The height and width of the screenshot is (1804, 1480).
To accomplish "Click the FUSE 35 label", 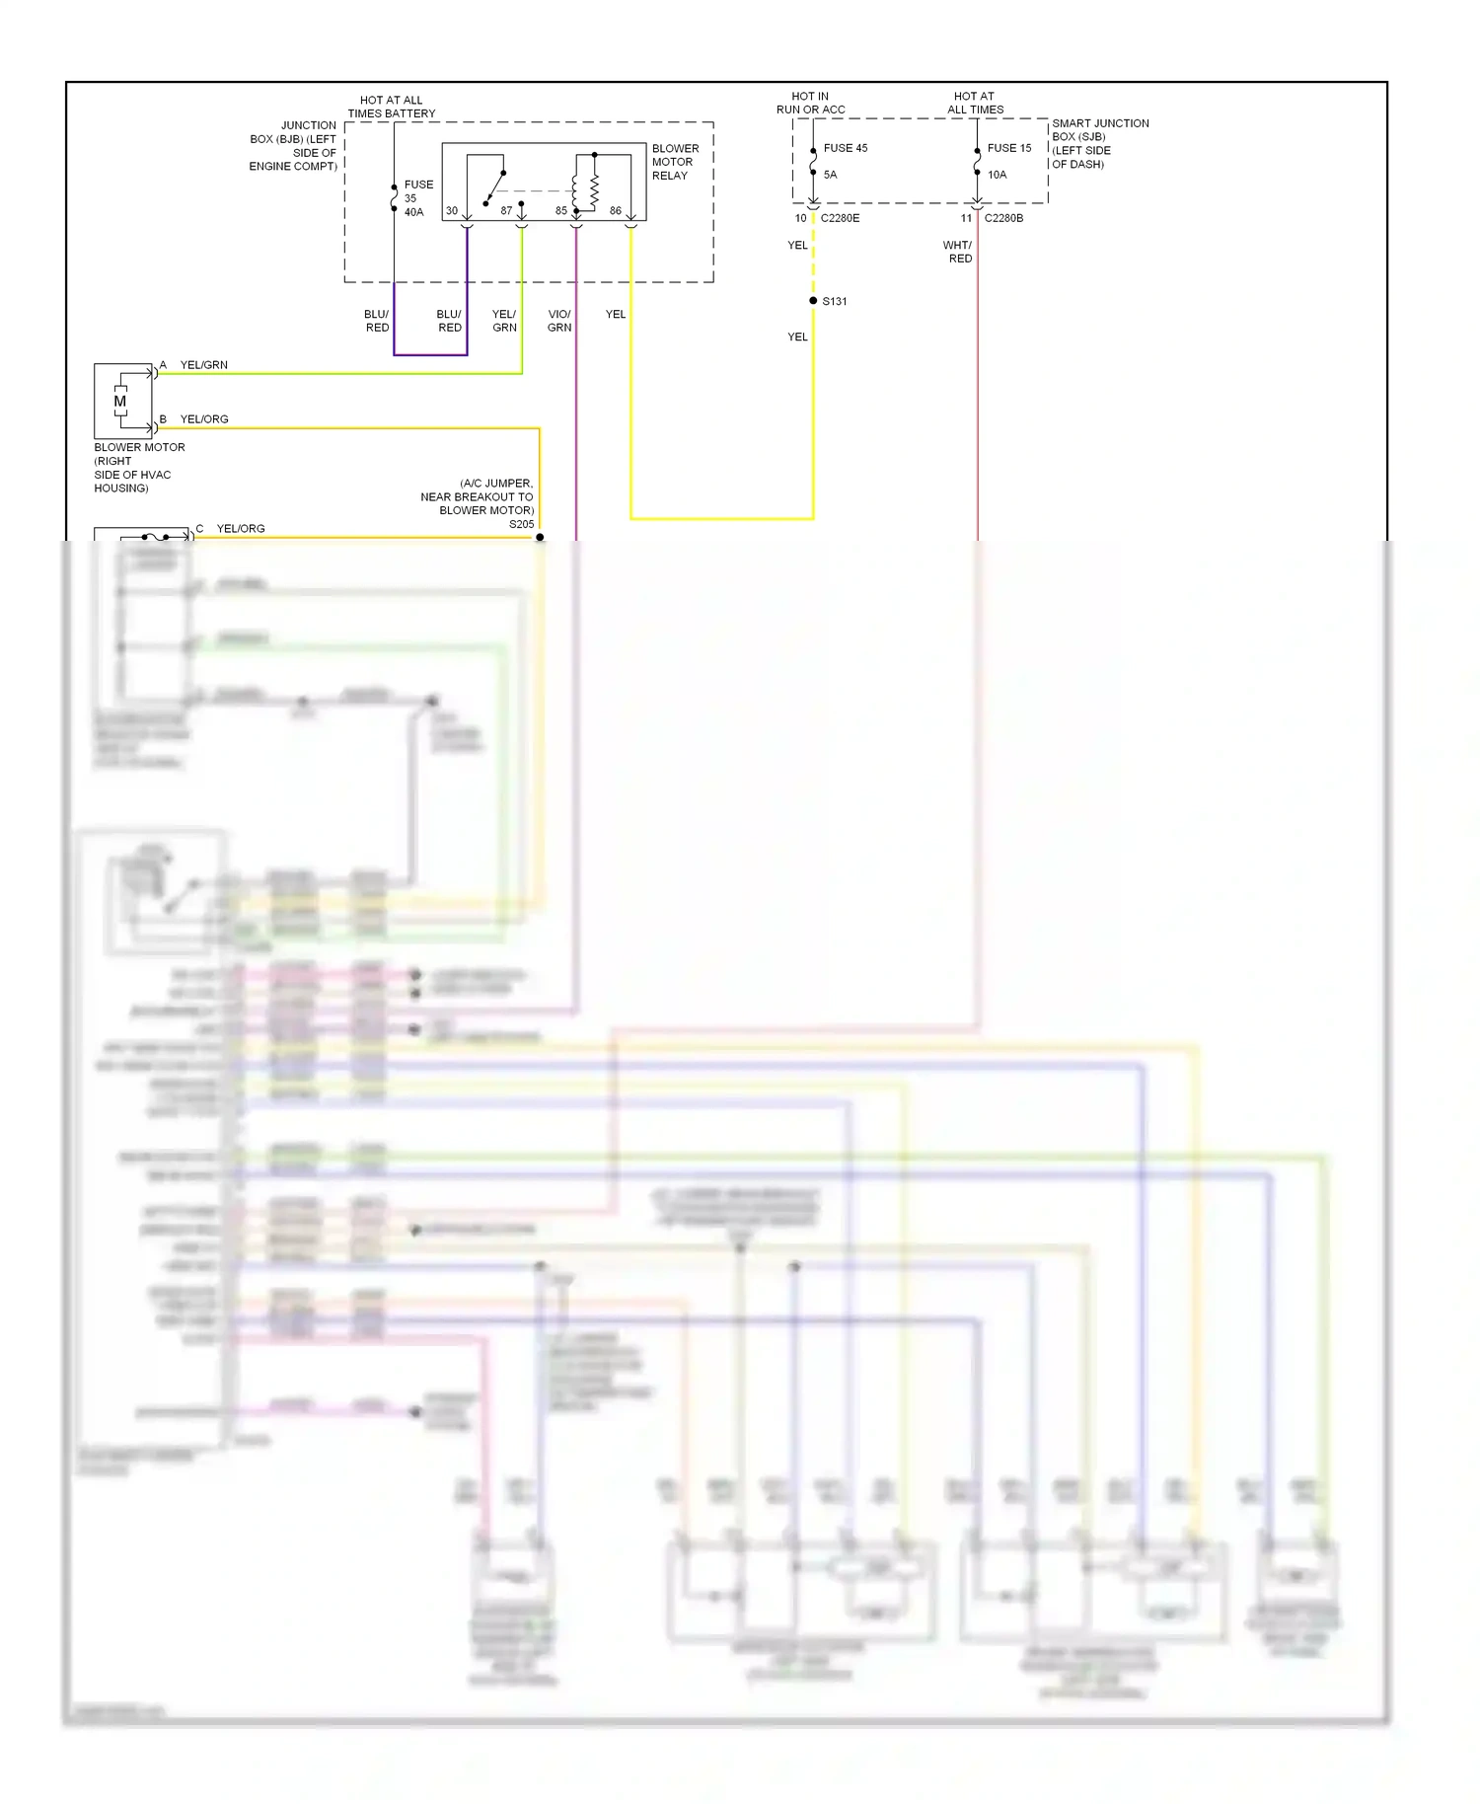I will [417, 190].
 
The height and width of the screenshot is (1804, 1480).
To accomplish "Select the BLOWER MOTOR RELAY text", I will [675, 162].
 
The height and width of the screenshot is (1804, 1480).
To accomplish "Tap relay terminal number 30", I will [452, 211].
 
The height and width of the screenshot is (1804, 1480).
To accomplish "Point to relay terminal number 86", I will [616, 211].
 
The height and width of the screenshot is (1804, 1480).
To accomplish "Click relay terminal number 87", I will [506, 211].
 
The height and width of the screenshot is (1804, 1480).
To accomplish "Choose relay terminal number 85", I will [561, 211].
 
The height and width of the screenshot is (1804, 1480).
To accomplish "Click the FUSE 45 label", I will [846, 148].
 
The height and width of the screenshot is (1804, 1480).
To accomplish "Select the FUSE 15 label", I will [1009, 148].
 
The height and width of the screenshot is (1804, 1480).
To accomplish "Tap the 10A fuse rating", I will [998, 175].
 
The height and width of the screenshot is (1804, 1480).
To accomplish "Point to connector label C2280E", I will [841, 218].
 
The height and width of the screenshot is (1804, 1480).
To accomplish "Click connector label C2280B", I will [1003, 218].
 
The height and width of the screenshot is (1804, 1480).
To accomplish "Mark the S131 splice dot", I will [813, 301].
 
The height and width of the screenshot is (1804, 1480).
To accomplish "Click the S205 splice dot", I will [540, 537].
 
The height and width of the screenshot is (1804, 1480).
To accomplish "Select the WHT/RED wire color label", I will [958, 252].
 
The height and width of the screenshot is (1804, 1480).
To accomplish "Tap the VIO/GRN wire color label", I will [559, 321].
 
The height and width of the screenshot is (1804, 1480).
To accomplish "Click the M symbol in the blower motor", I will [120, 402].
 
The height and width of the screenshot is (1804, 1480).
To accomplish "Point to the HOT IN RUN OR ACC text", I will [810, 103].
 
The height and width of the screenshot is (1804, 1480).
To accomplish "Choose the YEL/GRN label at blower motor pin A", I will [204, 365].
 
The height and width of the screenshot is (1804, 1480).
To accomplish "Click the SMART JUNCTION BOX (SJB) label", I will [1099, 143].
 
